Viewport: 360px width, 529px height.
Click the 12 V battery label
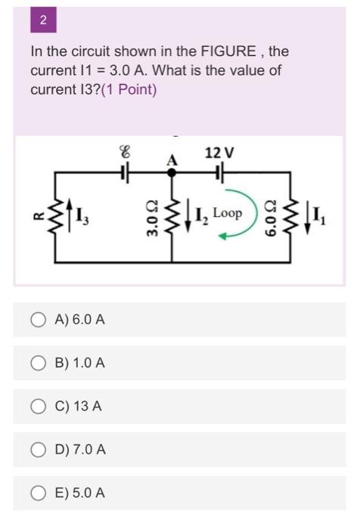[x=219, y=153]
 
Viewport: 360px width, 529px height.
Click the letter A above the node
[x=172, y=159]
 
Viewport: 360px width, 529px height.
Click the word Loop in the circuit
[x=227, y=213]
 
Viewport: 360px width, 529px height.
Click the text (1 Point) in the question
[x=129, y=89]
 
